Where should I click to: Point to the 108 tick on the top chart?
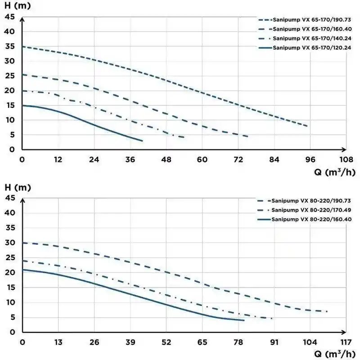(346, 159)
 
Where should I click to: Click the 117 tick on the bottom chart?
(346, 342)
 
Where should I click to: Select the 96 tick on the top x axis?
(310, 159)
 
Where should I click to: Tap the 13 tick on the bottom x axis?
(58, 342)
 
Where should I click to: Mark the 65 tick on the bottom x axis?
(202, 342)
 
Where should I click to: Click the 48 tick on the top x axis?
(166, 159)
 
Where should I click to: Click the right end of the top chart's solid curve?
(142, 141)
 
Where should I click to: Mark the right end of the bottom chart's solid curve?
(244, 320)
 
